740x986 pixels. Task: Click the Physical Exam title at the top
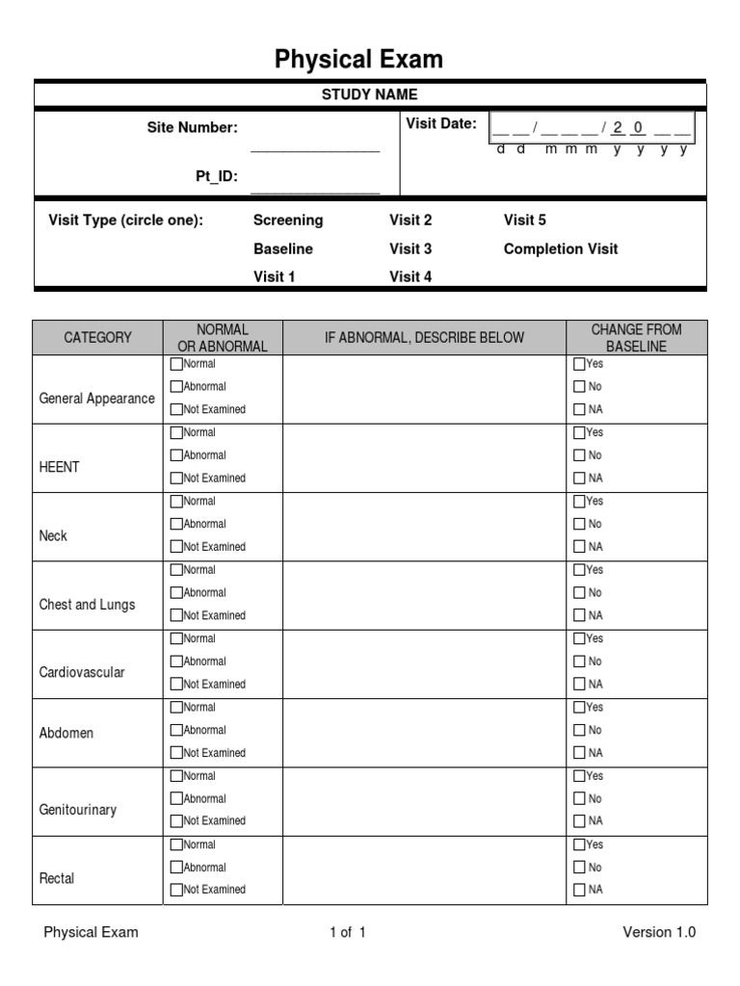tap(358, 60)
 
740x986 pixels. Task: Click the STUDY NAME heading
tap(370, 94)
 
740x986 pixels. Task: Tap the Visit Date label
tap(441, 123)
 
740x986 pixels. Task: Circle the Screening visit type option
tap(288, 220)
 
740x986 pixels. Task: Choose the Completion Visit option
tap(560, 248)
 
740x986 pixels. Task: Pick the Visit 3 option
tap(410, 248)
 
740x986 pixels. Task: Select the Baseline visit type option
tap(283, 248)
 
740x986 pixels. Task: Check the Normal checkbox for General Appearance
tap(176, 365)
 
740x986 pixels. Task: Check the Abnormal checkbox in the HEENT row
tap(176, 455)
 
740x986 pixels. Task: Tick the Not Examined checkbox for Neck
tap(176, 547)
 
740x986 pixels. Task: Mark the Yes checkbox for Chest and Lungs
tap(579, 570)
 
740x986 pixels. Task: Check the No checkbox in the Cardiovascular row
tap(579, 662)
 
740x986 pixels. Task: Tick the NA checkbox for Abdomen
tap(579, 753)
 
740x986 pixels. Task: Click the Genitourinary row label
tap(78, 810)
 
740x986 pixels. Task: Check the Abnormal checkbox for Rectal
tap(176, 868)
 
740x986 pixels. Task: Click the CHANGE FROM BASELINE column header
tap(636, 338)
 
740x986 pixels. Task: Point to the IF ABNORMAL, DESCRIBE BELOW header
tap(424, 338)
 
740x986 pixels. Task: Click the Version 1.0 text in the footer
tap(659, 932)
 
